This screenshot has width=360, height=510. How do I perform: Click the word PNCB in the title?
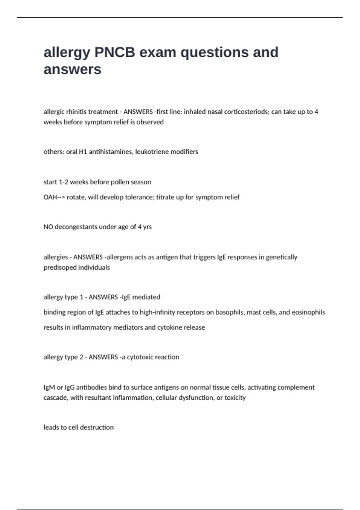point(115,52)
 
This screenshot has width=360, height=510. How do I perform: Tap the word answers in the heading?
point(72,70)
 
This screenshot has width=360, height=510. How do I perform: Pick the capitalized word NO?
point(48,227)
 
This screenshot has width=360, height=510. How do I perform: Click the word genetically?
point(281,257)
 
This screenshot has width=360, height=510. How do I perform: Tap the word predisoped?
point(59,267)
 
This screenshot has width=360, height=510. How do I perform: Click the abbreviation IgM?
point(49,387)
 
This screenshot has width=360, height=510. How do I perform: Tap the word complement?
point(296,387)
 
